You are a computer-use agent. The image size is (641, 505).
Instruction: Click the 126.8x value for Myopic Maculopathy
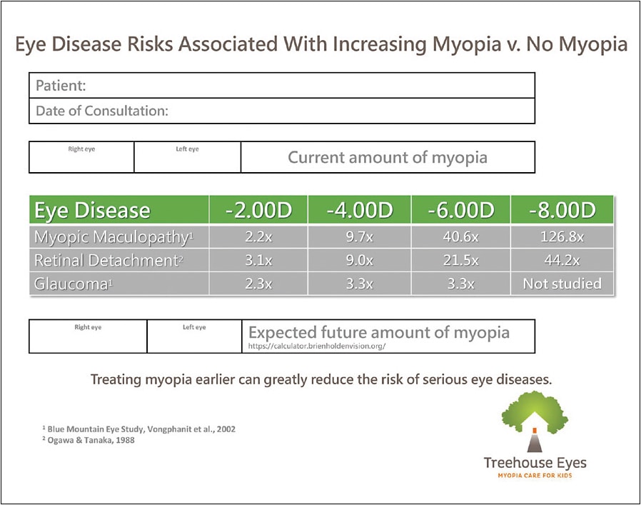pyautogui.click(x=562, y=236)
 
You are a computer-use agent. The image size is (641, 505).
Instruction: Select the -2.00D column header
pyautogui.click(x=258, y=211)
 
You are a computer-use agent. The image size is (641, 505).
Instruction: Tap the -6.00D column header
pyautogui.click(x=460, y=211)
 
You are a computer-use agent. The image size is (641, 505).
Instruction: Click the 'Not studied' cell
pyautogui.click(x=562, y=284)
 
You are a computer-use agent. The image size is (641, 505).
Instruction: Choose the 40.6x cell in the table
pyautogui.click(x=460, y=236)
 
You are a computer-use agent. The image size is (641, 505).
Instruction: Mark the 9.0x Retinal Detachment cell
pyautogui.click(x=359, y=261)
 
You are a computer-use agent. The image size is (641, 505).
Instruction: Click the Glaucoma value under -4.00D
pyautogui.click(x=359, y=284)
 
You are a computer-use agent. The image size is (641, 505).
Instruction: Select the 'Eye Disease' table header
pyautogui.click(x=93, y=211)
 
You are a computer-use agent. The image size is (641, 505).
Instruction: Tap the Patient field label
pyautogui.click(x=61, y=86)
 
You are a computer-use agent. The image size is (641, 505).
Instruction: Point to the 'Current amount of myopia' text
pyautogui.click(x=387, y=157)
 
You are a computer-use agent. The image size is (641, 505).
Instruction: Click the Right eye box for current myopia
pyautogui.click(x=81, y=157)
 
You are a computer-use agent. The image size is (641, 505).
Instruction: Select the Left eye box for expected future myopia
pyautogui.click(x=193, y=336)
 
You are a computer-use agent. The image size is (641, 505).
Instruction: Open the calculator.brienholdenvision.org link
pyautogui.click(x=317, y=346)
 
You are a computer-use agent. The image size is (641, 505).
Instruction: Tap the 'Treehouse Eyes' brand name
pyautogui.click(x=535, y=463)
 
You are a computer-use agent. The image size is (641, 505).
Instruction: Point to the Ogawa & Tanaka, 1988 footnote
pyautogui.click(x=89, y=440)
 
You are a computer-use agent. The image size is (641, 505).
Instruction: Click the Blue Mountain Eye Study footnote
pyautogui.click(x=138, y=429)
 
